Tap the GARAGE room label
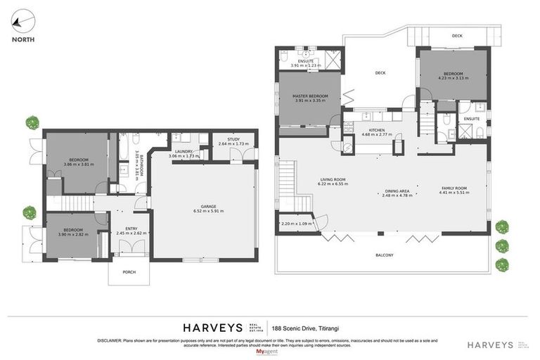click(204, 205)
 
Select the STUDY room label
click(233, 139)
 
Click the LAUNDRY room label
click(184, 151)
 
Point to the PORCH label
click(128, 272)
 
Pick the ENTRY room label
click(131, 229)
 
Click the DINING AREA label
click(397, 191)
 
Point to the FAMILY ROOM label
click(453, 187)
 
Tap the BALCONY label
click(384, 255)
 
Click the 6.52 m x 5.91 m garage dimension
click(204, 210)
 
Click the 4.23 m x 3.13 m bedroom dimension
click(453, 78)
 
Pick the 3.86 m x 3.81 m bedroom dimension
click(77, 164)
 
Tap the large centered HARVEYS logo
click(212, 328)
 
